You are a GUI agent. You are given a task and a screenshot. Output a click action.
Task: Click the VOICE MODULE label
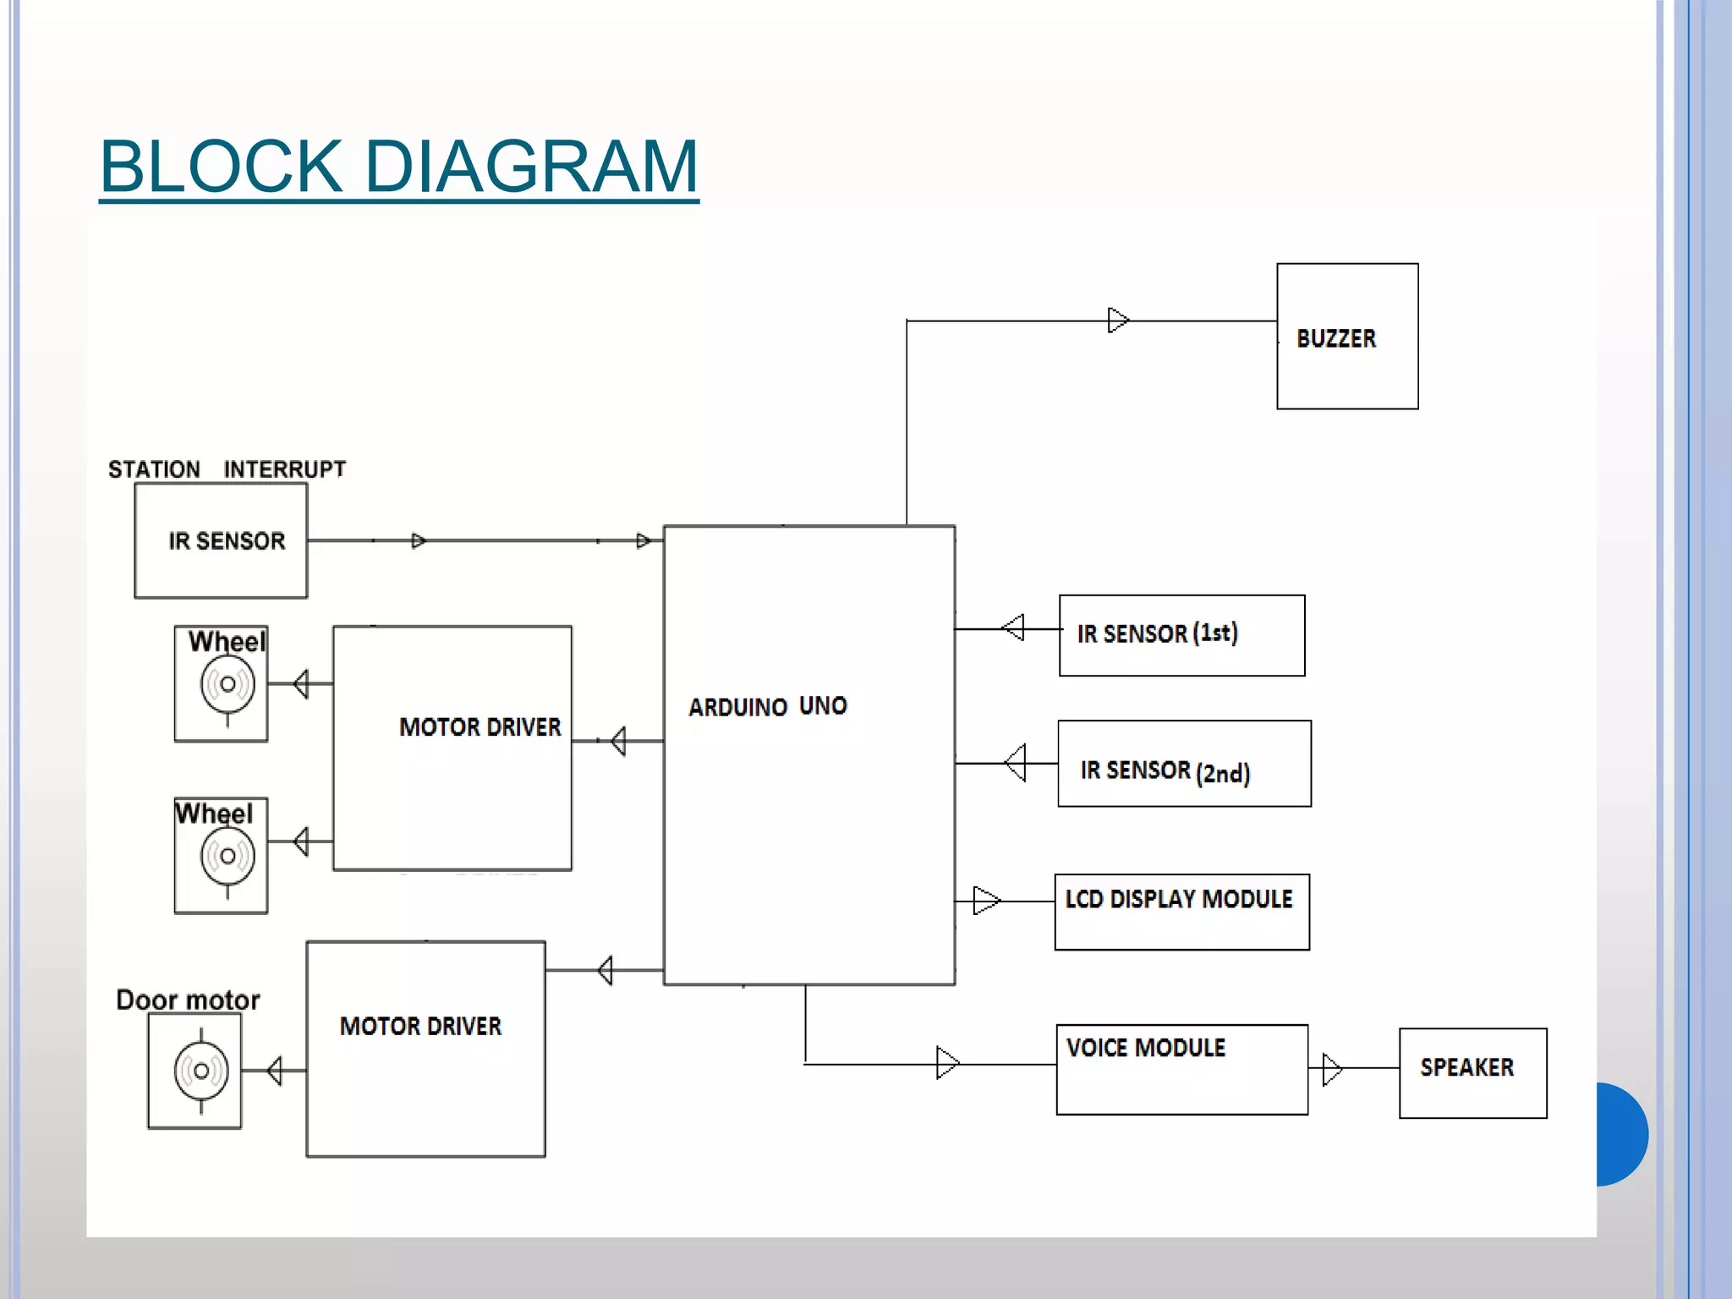pos(1146,1048)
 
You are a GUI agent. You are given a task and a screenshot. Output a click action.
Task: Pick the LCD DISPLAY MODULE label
pos(1179,899)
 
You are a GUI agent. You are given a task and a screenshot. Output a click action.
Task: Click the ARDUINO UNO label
pos(768,706)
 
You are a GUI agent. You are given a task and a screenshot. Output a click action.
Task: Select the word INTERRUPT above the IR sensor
pos(285,469)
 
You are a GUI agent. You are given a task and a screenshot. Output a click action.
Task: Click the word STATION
pos(154,469)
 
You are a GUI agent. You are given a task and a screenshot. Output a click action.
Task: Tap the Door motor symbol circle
pos(201,1071)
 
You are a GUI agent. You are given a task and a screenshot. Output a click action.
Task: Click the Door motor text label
pos(188,1000)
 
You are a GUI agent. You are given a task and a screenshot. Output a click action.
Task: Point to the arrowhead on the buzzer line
pos(1118,321)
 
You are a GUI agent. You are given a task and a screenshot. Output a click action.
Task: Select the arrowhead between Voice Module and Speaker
pos(1332,1069)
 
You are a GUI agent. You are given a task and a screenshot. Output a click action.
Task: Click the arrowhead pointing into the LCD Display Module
pos(986,901)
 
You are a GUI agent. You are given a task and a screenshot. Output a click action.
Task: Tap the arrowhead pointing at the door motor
pos(275,1071)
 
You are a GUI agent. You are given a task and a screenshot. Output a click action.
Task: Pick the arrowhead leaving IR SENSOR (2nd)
pos(1015,763)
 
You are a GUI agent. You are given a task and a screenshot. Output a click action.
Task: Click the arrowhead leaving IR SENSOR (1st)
pos(1013,628)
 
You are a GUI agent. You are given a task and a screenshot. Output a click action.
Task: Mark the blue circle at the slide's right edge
pos(1622,1134)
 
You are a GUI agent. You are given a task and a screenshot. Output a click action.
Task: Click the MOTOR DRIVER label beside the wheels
pos(480,727)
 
